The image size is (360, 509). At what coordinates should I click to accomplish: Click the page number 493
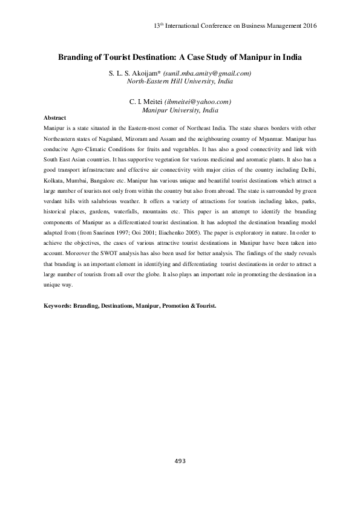tap(180, 461)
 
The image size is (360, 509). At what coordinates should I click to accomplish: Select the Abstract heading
tap(55, 117)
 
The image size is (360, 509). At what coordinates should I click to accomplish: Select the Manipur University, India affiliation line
tap(180, 110)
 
